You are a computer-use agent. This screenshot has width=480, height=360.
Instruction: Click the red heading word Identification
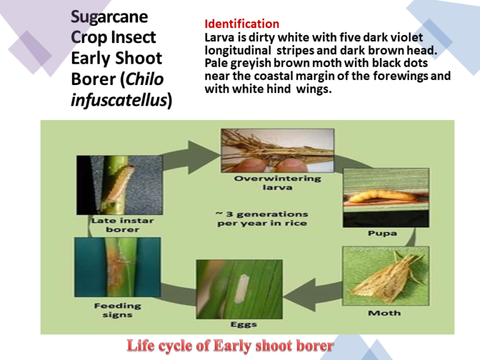point(242,24)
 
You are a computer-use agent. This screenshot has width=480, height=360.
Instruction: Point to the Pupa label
point(382,233)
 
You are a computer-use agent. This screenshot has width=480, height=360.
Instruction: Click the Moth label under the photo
point(384,312)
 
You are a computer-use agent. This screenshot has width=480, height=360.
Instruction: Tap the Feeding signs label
point(117,310)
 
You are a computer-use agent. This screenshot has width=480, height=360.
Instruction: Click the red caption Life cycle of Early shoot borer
point(231,345)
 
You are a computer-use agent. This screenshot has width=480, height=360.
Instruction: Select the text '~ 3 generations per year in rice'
point(262,219)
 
